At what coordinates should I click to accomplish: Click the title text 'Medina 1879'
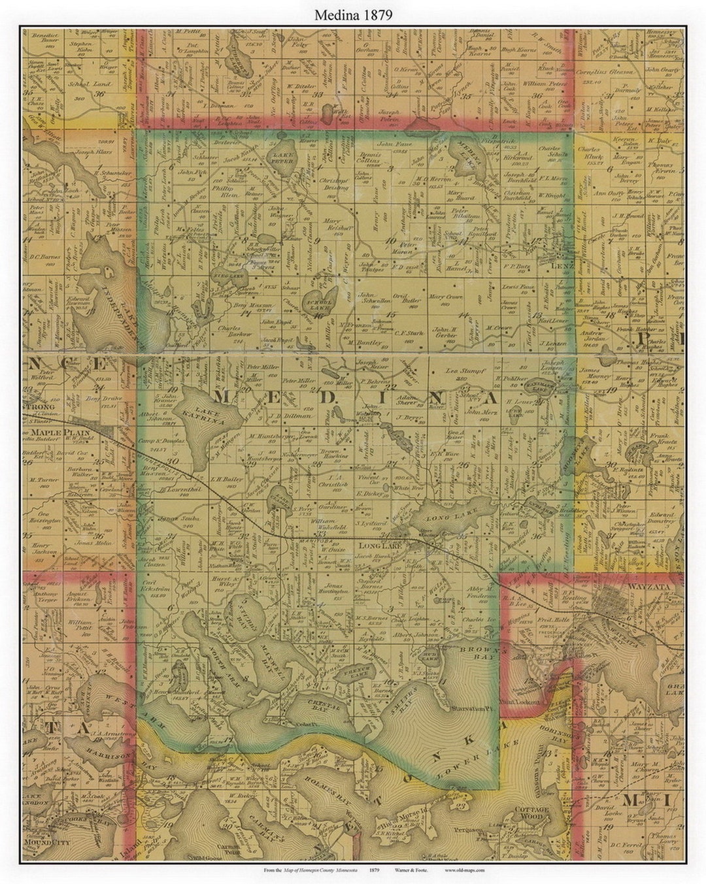(x=354, y=15)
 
